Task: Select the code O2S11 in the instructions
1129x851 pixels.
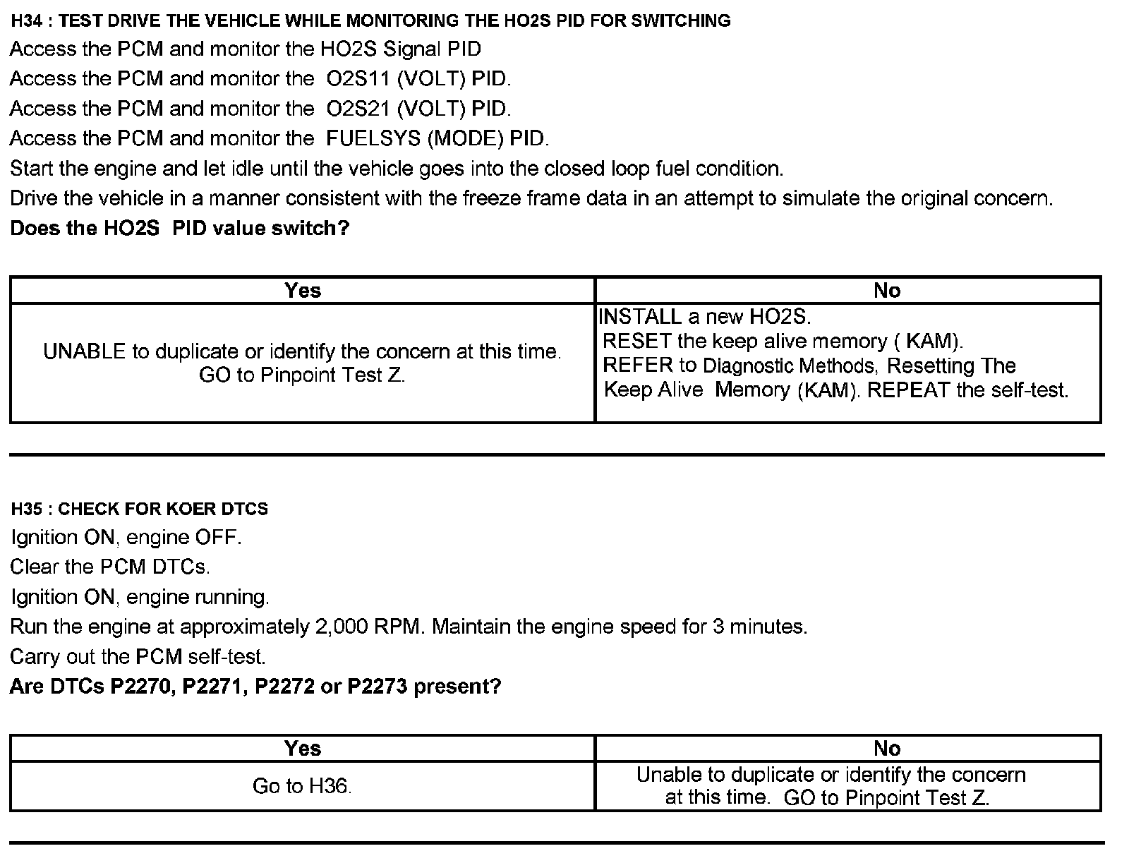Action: (x=358, y=79)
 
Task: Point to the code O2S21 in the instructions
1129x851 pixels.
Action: (x=358, y=109)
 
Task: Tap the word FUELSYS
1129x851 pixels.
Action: (x=374, y=138)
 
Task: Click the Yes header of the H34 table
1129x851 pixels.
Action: (x=303, y=290)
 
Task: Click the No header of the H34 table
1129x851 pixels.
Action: (x=887, y=290)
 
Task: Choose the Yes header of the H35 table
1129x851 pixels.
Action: (x=303, y=748)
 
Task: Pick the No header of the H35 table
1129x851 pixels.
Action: (x=887, y=748)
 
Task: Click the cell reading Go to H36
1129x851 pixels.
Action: (x=302, y=786)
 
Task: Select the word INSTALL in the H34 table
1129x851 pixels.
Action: (x=639, y=317)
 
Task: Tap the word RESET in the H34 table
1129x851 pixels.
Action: (x=636, y=342)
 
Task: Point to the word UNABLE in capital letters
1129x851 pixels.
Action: (x=85, y=351)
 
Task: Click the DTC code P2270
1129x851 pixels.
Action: (x=143, y=687)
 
